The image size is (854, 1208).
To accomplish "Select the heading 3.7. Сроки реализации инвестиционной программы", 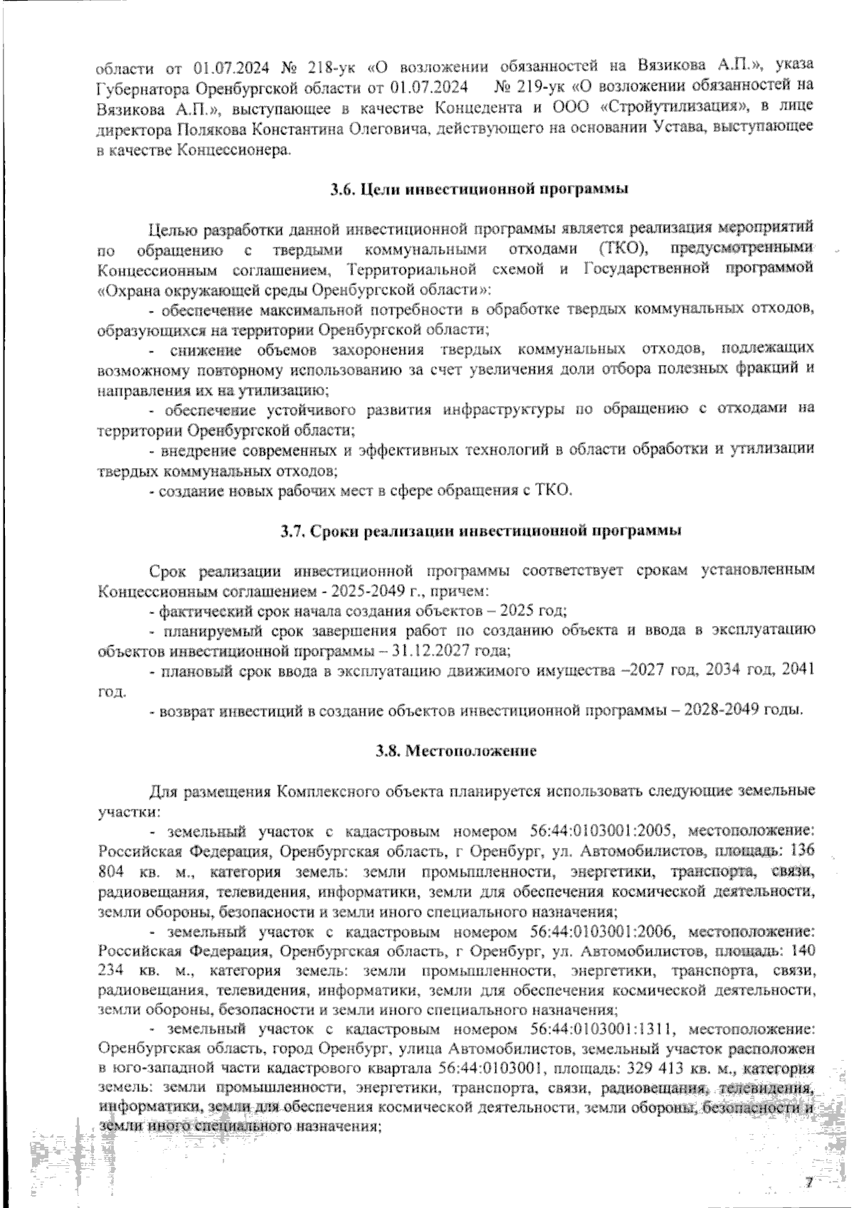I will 480,530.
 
